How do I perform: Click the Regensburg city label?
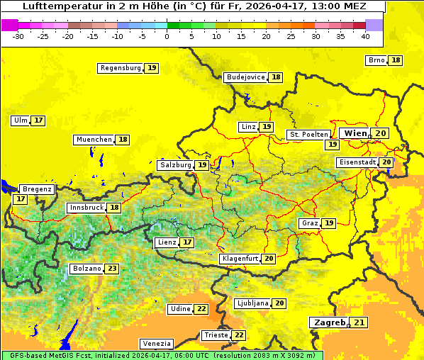120,68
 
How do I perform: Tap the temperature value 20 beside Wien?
381,133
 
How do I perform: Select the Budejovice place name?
245,77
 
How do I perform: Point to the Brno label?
376,60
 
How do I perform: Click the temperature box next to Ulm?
38,120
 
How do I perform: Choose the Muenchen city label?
94,140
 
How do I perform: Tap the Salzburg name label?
175,165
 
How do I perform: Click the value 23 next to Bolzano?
112,269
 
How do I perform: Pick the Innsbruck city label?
86,208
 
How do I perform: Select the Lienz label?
166,242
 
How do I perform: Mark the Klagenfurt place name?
239,259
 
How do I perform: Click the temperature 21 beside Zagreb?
360,323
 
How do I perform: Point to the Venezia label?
156,343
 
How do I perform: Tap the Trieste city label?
216,335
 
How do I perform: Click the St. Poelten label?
308,134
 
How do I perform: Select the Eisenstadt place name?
357,162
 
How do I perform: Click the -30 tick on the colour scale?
18,36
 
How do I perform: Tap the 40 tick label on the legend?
365,36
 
